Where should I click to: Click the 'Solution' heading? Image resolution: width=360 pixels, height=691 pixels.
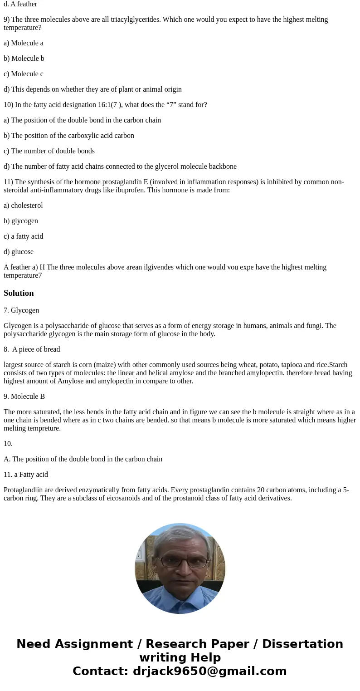(x=19, y=293)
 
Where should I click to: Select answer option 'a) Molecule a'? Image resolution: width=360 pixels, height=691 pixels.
(x=24, y=43)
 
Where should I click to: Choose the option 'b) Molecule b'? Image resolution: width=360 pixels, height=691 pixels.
(x=24, y=59)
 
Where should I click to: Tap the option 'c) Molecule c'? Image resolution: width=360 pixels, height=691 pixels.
(x=24, y=74)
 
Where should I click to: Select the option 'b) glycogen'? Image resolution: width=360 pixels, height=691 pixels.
(x=21, y=221)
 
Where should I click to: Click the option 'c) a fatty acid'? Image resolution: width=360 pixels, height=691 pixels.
(x=24, y=236)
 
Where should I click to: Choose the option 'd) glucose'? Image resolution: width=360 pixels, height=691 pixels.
(x=19, y=252)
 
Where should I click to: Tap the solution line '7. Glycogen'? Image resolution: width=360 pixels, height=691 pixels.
(x=21, y=310)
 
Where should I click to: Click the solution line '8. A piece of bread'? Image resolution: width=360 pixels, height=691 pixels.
(x=32, y=349)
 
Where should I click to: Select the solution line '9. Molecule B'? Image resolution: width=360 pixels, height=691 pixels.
(x=24, y=397)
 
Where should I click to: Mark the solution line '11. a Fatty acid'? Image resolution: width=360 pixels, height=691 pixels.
(x=26, y=475)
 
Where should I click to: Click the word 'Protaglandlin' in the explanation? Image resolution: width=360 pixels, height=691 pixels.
(x=24, y=490)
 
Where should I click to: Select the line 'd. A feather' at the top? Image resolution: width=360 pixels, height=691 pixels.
(x=20, y=4)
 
